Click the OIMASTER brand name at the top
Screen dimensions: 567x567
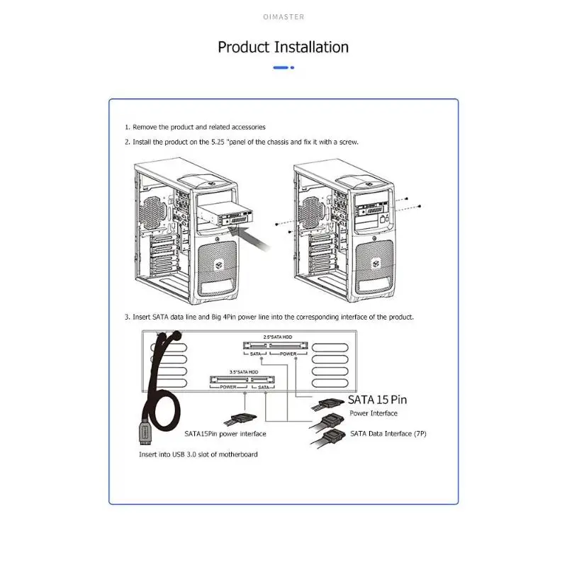pyautogui.click(x=283, y=17)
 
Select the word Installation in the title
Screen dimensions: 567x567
pyautogui.click(x=311, y=47)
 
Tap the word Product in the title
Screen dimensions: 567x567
pyautogui.click(x=244, y=47)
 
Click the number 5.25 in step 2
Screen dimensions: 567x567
pyautogui.click(x=216, y=142)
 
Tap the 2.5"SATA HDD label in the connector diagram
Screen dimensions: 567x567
pyautogui.click(x=277, y=337)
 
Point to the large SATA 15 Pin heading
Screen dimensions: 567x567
pyautogui.click(x=377, y=400)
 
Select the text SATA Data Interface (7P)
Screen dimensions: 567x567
pyautogui.click(x=388, y=433)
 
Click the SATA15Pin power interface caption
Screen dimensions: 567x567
pyautogui.click(x=225, y=433)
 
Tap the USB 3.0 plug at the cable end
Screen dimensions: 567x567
pyautogui.click(x=141, y=434)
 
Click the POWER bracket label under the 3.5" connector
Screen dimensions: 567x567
pyautogui.click(x=228, y=388)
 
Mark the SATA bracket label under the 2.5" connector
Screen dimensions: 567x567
pyautogui.click(x=257, y=353)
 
